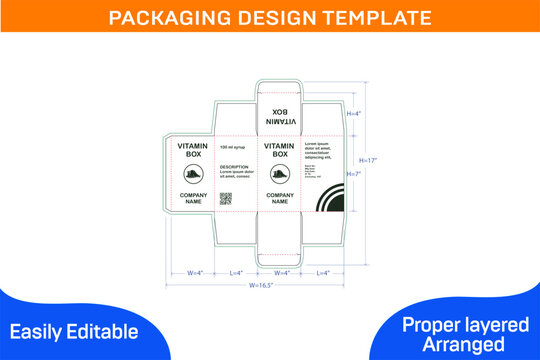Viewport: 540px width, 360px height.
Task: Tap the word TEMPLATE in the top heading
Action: coord(372,18)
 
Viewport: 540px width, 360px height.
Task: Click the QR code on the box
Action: coord(226,197)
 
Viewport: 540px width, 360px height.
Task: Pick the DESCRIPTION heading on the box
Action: coord(234,167)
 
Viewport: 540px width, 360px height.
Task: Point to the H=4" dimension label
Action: coord(353,113)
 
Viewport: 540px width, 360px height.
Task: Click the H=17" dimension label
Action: coord(369,160)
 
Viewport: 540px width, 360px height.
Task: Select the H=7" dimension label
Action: coord(353,174)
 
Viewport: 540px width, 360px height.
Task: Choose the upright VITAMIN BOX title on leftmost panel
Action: coord(193,150)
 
